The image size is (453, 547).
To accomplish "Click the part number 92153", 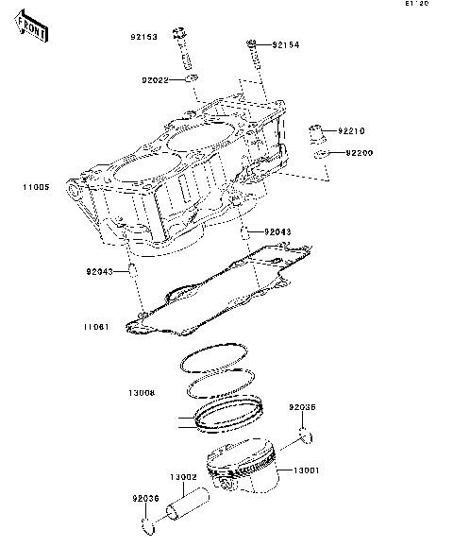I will [x=144, y=39].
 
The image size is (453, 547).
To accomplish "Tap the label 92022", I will [x=156, y=80].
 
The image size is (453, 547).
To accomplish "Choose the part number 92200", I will [x=360, y=152].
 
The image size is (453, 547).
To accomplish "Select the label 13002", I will [x=182, y=477].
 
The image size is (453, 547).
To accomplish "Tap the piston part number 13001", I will [x=307, y=470].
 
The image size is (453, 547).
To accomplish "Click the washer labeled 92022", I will [x=192, y=79].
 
